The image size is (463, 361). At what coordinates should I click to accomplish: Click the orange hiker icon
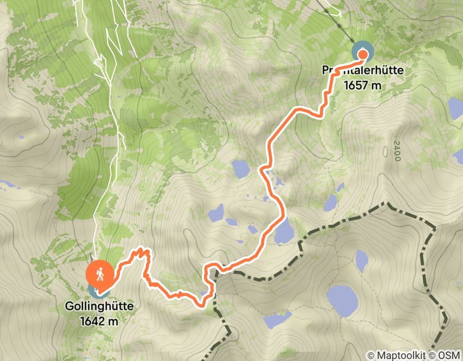tap(100, 274)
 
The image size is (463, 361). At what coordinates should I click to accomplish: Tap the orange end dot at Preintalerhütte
tap(362, 53)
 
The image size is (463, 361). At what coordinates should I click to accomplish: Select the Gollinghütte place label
tap(99, 306)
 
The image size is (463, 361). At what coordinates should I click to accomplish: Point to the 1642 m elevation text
tap(99, 321)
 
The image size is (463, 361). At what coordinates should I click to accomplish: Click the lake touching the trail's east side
tap(283, 231)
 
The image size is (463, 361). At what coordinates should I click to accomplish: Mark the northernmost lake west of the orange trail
tap(240, 168)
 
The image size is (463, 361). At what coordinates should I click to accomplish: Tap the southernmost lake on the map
tap(277, 320)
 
